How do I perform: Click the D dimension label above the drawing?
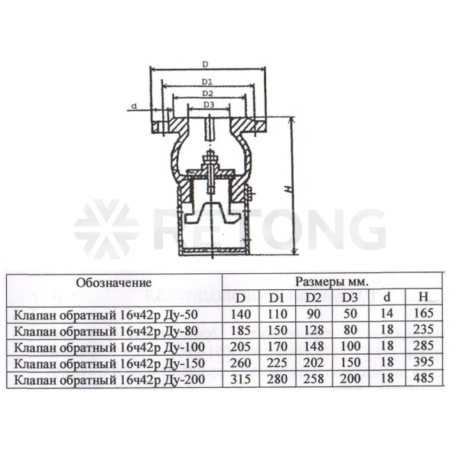coord(206,64)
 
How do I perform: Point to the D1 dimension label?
coord(207,82)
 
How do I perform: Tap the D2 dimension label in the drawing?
coord(207,93)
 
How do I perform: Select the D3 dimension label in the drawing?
coord(209,104)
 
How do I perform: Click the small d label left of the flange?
coord(134,106)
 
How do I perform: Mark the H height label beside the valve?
coord(288,189)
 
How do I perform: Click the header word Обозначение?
coord(114,283)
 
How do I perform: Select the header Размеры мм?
coord(332,282)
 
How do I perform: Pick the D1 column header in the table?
coord(277,298)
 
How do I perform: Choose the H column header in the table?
coord(423,297)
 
